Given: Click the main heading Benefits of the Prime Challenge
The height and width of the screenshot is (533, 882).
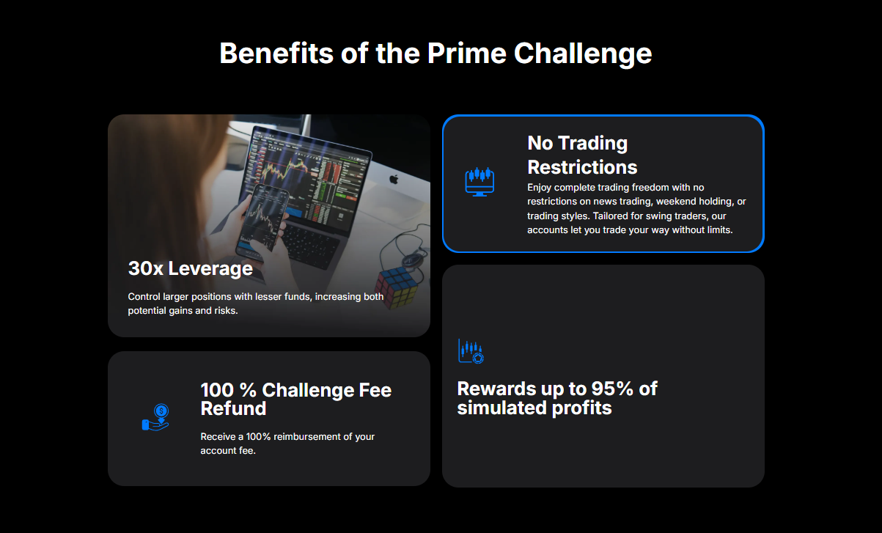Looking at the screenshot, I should coord(436,54).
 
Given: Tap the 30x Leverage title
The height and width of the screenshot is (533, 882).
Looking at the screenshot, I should coord(190,268).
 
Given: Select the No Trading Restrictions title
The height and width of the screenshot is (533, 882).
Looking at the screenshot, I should coord(582,154).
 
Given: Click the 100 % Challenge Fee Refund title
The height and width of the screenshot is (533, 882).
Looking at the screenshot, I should coord(295,399).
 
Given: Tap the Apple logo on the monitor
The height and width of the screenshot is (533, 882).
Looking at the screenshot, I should coord(393,179).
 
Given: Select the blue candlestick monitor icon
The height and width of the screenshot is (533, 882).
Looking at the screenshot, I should coord(479,181).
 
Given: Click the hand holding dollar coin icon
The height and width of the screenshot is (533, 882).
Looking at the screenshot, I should coord(156,418).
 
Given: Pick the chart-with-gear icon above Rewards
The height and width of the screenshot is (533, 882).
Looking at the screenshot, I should coord(471,351).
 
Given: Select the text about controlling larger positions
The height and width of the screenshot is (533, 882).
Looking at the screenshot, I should coord(255,304).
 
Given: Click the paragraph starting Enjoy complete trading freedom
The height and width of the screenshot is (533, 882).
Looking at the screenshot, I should coord(636,208).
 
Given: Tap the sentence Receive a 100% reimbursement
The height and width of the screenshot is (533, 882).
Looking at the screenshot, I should coord(287,443).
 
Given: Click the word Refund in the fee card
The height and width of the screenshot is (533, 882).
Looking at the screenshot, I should coord(233,408).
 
